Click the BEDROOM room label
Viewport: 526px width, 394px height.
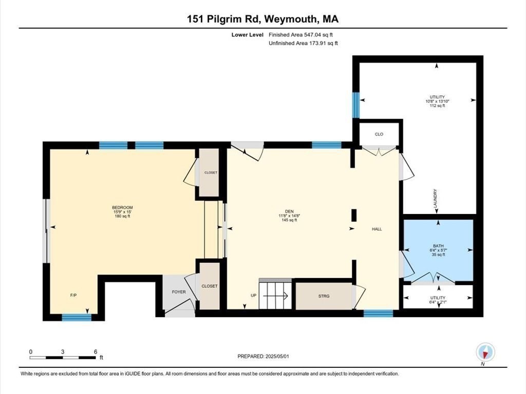[x=123, y=207]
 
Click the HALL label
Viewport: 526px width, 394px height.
[x=377, y=229]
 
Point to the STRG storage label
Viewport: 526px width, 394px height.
[x=324, y=295]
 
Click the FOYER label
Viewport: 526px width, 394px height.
[x=178, y=292]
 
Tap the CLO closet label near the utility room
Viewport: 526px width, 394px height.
[x=379, y=134]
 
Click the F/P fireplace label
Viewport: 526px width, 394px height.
[x=73, y=296]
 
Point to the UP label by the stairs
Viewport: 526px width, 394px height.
[x=253, y=296]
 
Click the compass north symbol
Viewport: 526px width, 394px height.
[x=485, y=352]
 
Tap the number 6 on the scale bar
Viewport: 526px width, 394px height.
[x=95, y=351]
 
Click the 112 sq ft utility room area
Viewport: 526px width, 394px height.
[x=437, y=106]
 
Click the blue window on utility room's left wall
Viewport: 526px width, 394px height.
[x=355, y=104]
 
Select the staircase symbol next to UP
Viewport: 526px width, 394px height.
[x=275, y=295]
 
